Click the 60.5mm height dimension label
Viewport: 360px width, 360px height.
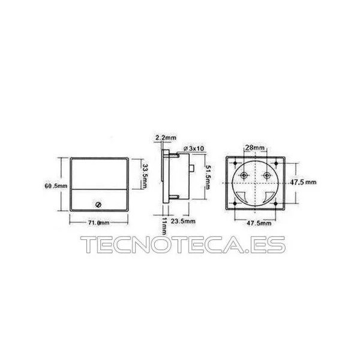pos(56,186)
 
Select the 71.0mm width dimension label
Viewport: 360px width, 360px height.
pos(99,223)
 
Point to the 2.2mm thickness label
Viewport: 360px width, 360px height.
pos(166,138)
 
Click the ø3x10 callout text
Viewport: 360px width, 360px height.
pos(194,148)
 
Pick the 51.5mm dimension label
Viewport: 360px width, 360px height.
pos(208,177)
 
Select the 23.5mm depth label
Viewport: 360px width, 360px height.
pos(183,221)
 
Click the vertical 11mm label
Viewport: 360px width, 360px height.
pos(164,226)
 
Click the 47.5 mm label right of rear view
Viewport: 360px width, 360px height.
pos(303,182)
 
